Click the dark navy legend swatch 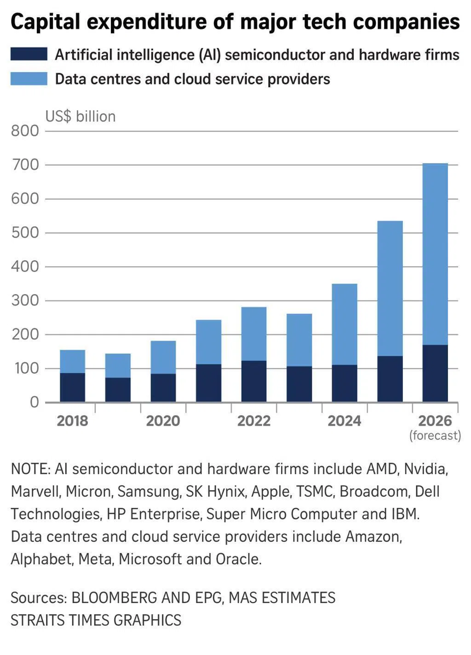29,54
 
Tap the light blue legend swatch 29,79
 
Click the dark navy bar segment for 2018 72,387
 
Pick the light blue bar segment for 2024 345,324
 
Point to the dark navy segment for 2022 254,381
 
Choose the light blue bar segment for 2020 163,357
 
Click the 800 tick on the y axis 25,131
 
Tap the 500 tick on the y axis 25,233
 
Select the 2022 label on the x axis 254,421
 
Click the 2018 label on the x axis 72,421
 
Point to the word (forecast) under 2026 435,435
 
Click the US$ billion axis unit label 80,116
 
